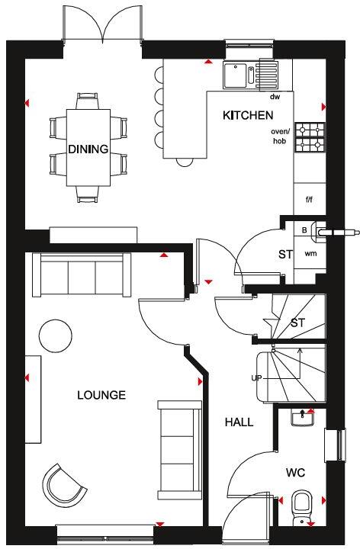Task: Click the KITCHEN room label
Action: pos(247,116)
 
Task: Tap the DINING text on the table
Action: pos(88,149)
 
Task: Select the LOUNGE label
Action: pos(101,395)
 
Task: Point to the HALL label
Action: pos(239,422)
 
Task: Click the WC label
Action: pos(295,474)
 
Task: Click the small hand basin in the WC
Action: pos(304,416)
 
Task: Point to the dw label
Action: pos(275,97)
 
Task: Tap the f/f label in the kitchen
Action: pos(310,200)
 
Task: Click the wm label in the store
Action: pos(310,252)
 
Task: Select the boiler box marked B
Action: pos(305,228)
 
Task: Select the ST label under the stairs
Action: pos(297,323)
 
